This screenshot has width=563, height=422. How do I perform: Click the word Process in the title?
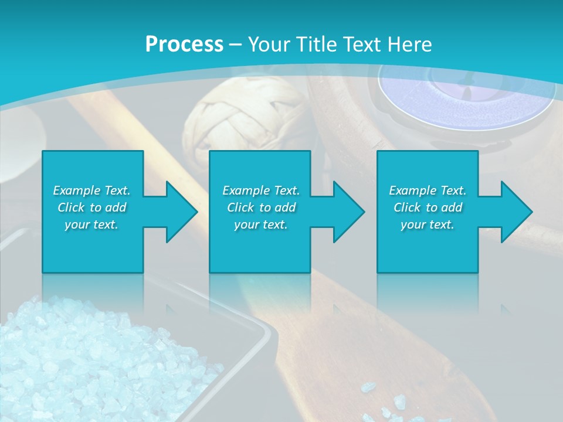point(184,45)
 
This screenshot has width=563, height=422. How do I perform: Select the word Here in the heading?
point(411,45)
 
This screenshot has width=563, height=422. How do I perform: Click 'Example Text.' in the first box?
point(91,190)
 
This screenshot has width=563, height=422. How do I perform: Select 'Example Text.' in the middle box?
point(261,190)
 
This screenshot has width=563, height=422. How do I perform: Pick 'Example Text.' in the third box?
point(428,190)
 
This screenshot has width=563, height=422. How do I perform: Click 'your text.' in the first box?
point(91,224)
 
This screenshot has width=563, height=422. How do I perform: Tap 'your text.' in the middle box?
point(261,224)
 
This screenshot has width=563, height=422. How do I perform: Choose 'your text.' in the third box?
point(428,224)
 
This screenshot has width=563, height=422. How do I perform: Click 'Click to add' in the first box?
point(91,207)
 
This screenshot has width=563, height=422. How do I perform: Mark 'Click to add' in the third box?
point(428,207)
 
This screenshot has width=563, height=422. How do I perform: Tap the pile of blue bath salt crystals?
point(88,358)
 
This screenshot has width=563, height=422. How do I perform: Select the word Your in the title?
point(269,45)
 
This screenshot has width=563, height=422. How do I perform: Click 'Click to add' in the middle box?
point(261,207)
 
